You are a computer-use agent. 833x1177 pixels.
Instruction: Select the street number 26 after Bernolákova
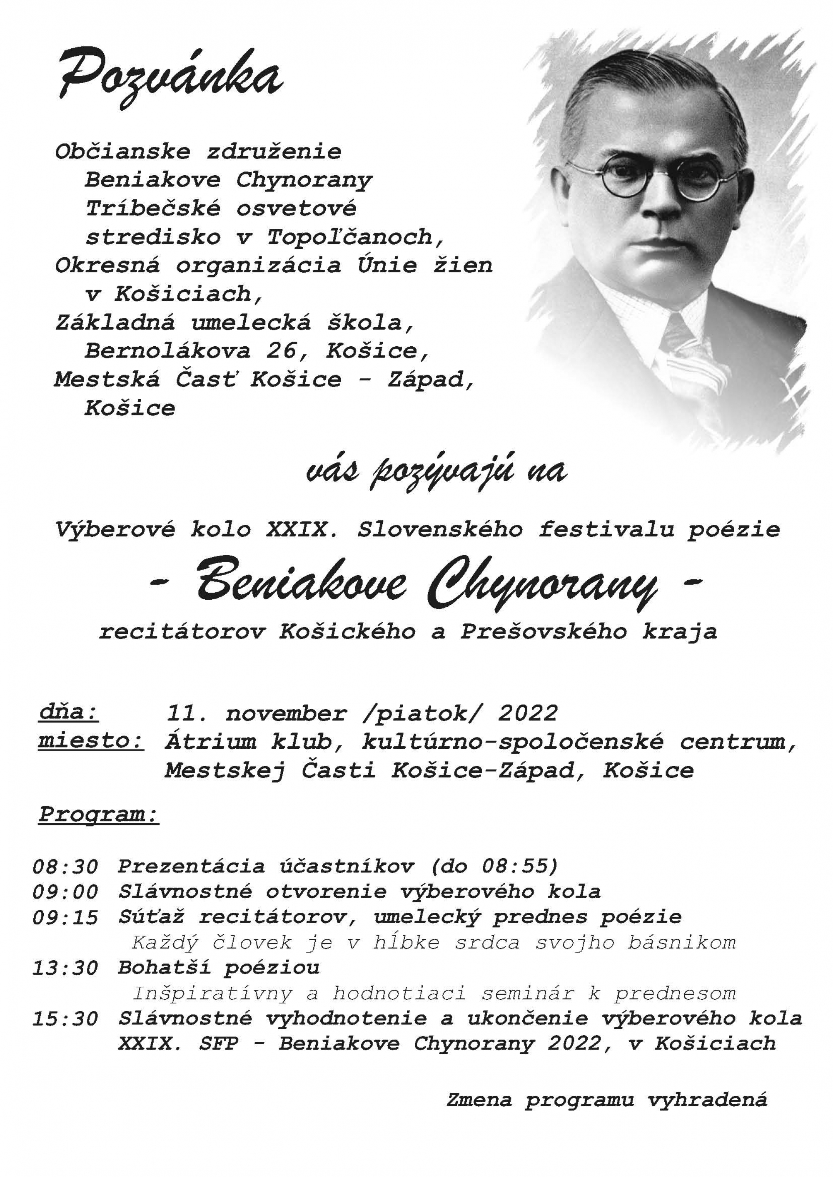point(282,350)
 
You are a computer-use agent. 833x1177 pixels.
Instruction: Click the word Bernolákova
point(167,350)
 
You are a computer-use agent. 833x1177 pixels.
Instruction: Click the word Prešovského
point(543,631)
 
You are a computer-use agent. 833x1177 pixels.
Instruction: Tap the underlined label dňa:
point(69,713)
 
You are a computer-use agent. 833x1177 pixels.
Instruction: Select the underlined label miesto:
point(91,741)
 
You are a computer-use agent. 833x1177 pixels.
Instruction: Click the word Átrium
point(210,741)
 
